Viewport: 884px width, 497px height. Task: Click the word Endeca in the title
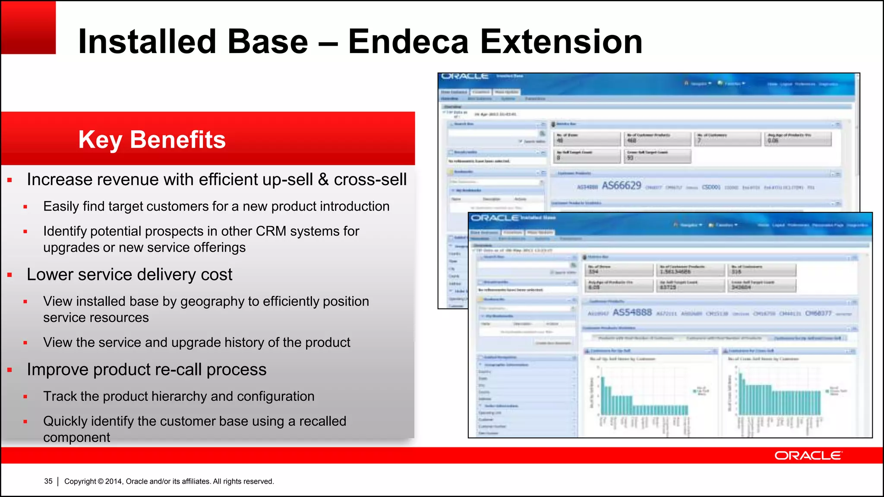[408, 42]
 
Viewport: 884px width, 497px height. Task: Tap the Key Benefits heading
[152, 140]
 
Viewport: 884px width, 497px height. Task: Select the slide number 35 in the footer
[48, 481]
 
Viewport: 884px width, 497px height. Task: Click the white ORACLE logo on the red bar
[808, 456]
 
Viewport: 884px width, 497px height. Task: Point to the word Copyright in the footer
[80, 481]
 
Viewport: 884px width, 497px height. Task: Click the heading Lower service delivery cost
[129, 274]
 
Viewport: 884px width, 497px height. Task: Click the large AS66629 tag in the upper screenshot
[622, 186]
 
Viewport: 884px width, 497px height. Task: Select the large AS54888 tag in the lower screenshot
[632, 312]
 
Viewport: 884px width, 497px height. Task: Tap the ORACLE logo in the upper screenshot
[464, 76]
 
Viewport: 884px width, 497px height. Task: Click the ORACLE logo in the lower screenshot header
[495, 218]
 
